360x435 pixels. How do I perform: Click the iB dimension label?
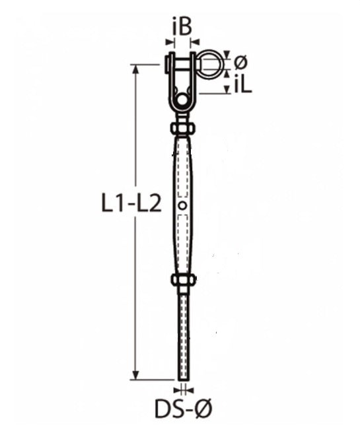coord(182,27)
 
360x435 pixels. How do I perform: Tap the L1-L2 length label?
coord(131,205)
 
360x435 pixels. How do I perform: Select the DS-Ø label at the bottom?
coord(183,408)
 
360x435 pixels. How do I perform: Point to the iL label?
coord(243,84)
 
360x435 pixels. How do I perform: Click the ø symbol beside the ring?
coord(240,62)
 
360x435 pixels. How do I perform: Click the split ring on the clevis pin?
coord(211,64)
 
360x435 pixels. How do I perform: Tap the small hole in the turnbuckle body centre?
coord(182,205)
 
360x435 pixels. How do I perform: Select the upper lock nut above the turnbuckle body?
coord(182,129)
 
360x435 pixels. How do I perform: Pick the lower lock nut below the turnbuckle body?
coord(183,280)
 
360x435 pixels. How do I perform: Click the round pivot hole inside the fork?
coord(182,100)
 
